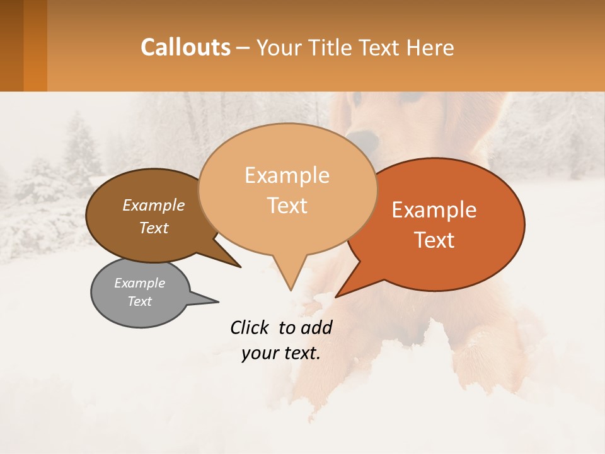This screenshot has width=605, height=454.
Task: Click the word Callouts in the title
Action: [185, 47]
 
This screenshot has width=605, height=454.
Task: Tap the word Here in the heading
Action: [430, 47]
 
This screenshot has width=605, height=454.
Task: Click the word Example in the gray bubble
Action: [139, 283]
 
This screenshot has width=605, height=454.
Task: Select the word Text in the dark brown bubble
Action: [154, 228]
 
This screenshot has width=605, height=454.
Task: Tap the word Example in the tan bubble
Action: [287, 175]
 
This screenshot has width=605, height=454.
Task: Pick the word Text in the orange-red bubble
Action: [435, 240]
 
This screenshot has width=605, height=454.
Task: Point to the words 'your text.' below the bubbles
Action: [281, 353]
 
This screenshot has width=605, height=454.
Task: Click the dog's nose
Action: [362, 139]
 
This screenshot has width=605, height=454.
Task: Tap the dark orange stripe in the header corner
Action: [35, 45]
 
